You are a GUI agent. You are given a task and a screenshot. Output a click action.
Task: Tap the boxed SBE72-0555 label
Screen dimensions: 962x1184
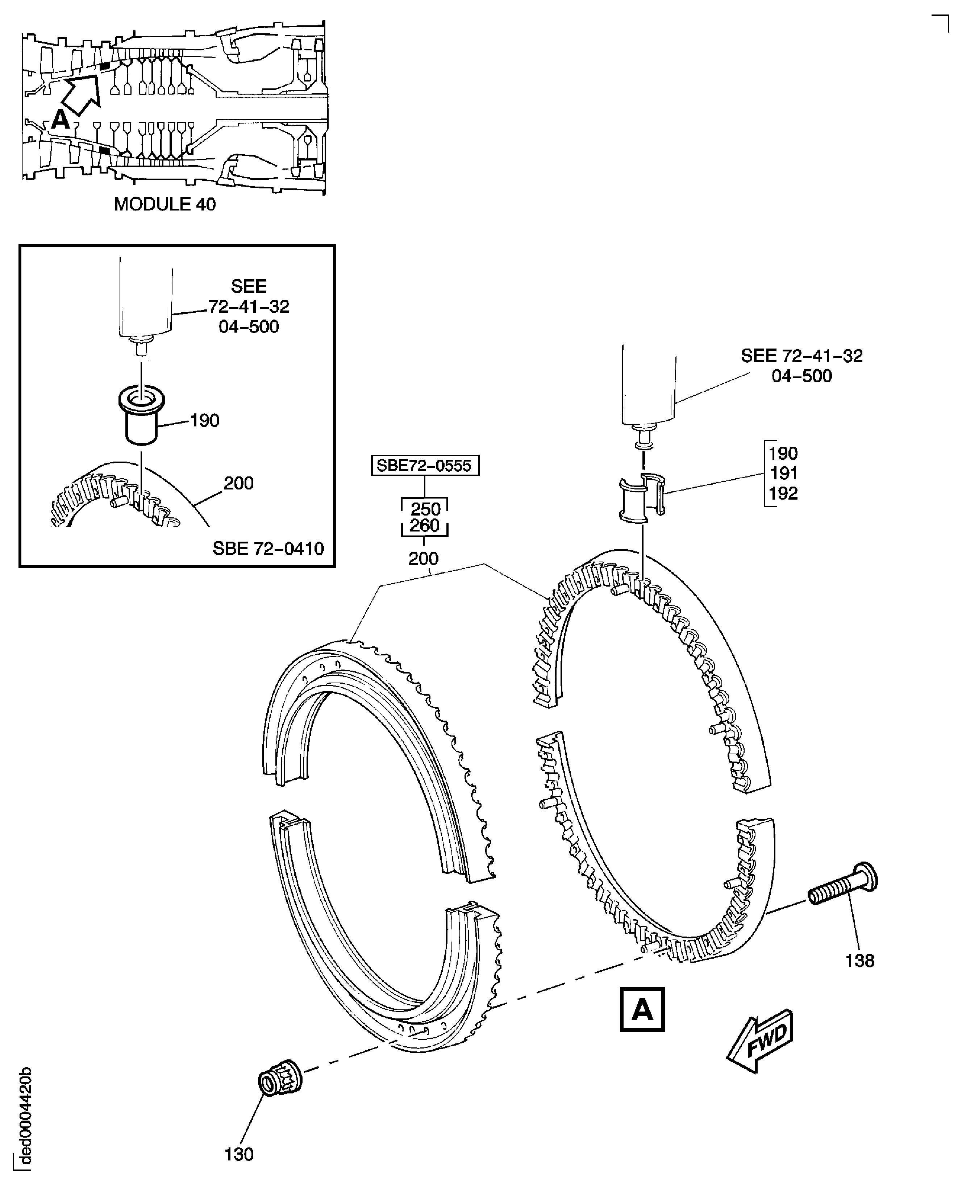(425, 466)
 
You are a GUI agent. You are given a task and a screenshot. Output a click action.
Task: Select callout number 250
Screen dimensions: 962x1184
(425, 509)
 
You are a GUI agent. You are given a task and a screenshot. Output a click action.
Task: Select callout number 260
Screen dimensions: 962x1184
(425, 525)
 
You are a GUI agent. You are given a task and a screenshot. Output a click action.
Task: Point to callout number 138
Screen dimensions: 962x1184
(859, 960)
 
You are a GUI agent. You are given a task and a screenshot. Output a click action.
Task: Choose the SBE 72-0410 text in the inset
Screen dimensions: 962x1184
(268, 549)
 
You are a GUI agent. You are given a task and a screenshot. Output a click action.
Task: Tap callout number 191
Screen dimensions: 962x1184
(783, 473)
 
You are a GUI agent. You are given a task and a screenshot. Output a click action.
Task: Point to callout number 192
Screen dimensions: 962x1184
(783, 493)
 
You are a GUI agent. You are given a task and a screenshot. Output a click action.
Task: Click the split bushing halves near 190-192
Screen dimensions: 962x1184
(643, 497)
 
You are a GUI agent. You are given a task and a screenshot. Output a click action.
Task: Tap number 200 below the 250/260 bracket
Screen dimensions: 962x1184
(423, 558)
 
